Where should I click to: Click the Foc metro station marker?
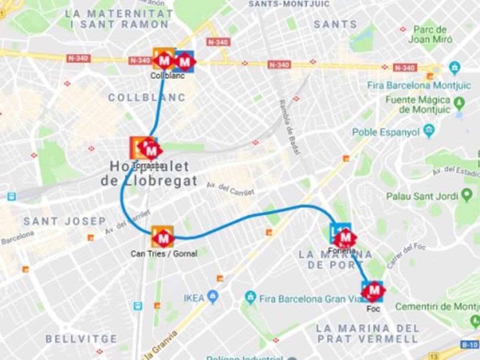pyautogui.click(x=374, y=291)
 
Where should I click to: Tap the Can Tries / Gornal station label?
pyautogui.click(x=164, y=254)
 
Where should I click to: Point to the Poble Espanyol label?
pyautogui.click(x=386, y=132)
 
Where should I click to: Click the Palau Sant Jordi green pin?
pyautogui.click(x=466, y=195)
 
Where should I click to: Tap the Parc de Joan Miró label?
pyautogui.click(x=430, y=35)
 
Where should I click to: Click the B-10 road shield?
pyautogui.click(x=469, y=344)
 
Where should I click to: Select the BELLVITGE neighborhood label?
pyautogui.click(x=82, y=339)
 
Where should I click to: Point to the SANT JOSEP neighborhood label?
pyautogui.click(x=64, y=221)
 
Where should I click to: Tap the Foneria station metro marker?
pyautogui.click(x=345, y=238)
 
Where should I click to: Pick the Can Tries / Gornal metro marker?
pyautogui.click(x=163, y=239)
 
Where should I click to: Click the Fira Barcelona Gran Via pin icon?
pyautogui.click(x=251, y=297)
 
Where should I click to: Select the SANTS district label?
pyautogui.click(x=335, y=24)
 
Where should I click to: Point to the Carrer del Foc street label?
pyautogui.click(x=406, y=255)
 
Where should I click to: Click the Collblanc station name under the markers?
pyautogui.click(x=168, y=76)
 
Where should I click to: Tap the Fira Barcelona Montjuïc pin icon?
pyautogui.click(x=454, y=68)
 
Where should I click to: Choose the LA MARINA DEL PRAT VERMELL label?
pyautogui.click(x=367, y=334)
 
